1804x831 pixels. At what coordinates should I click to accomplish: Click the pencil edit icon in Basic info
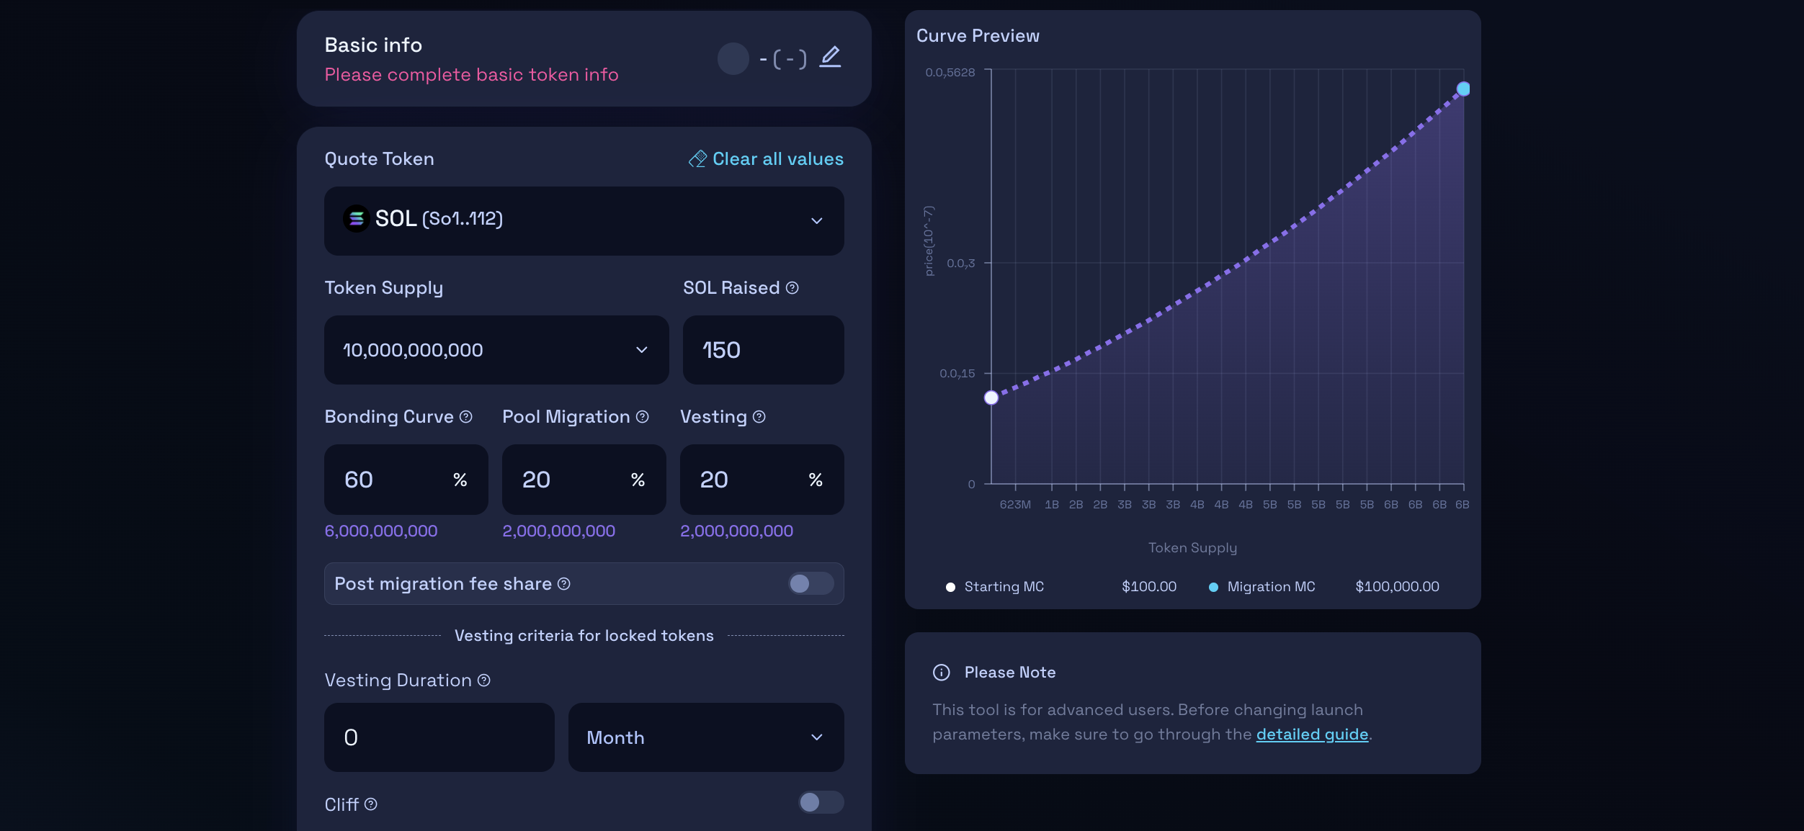[x=830, y=57]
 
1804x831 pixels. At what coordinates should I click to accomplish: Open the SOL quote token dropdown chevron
[x=816, y=221]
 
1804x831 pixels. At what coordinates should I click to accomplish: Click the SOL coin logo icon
[x=356, y=218]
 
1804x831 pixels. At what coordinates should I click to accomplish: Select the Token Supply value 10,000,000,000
[x=413, y=350]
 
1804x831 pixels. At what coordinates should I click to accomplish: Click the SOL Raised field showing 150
[x=762, y=350]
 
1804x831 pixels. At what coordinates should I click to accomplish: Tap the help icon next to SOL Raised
[x=792, y=288]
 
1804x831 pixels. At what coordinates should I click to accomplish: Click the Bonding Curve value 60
[x=359, y=480]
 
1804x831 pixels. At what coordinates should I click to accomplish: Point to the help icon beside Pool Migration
[x=642, y=417]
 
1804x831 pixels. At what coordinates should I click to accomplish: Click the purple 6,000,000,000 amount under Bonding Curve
[x=381, y=531]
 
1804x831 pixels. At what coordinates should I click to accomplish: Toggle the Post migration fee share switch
[x=810, y=583]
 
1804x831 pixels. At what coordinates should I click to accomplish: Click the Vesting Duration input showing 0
[x=439, y=737]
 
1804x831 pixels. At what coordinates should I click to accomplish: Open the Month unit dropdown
[x=705, y=737]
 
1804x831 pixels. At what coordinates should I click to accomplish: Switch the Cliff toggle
[x=820, y=802]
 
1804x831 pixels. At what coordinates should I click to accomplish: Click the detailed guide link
[x=1311, y=735]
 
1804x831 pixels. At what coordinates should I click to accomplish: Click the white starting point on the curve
[x=991, y=397]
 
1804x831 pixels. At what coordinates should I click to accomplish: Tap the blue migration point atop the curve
[x=1463, y=89]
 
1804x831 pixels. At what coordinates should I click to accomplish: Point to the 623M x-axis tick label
[x=1014, y=505]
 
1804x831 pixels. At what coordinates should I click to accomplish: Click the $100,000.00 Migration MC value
[x=1397, y=587]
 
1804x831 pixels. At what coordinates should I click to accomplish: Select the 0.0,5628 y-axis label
[x=950, y=73]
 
